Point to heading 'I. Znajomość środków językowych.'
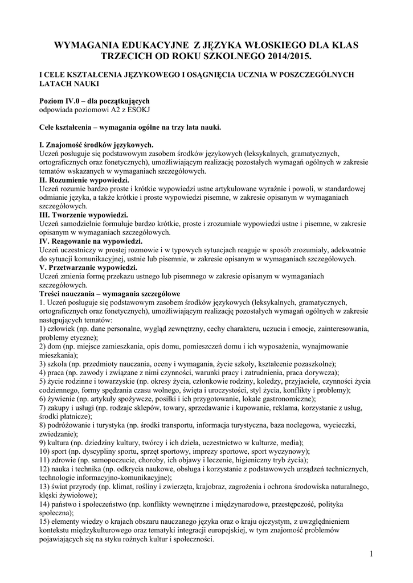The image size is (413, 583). [x=96, y=145]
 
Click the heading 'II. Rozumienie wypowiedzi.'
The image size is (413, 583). [x=83, y=179]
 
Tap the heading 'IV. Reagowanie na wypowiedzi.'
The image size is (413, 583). [x=90, y=241]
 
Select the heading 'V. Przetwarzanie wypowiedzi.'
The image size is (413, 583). [x=88, y=267]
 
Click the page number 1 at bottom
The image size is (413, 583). [x=370, y=554]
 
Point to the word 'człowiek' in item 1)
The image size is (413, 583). [x=62, y=329]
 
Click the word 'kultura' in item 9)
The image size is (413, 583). [x=60, y=442]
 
